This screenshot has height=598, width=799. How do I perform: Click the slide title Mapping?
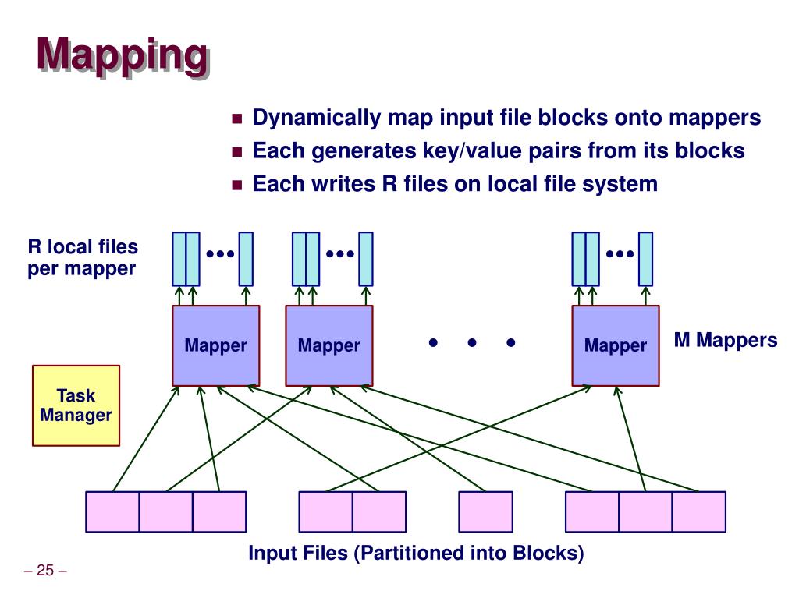(123, 56)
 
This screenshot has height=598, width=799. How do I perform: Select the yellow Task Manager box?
(76, 405)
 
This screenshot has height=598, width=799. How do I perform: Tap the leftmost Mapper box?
(216, 345)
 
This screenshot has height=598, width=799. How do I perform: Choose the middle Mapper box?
(328, 345)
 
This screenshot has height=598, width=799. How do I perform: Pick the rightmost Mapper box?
(616, 345)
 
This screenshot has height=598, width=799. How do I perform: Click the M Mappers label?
(726, 340)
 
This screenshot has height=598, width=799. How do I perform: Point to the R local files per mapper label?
(83, 258)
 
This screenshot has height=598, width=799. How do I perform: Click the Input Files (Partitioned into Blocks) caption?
(416, 554)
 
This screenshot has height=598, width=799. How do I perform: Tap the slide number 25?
(45, 571)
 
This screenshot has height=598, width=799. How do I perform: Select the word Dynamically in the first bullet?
(316, 118)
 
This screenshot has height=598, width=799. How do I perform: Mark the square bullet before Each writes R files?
(238, 186)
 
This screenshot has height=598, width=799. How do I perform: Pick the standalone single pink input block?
(485, 511)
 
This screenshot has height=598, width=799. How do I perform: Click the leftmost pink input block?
(112, 511)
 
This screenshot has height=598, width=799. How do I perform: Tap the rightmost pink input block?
(698, 511)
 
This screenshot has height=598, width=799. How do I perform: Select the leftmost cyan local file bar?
(179, 259)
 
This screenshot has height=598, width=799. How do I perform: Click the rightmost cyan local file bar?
(645, 259)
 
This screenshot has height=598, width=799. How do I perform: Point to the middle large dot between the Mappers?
(471, 342)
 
